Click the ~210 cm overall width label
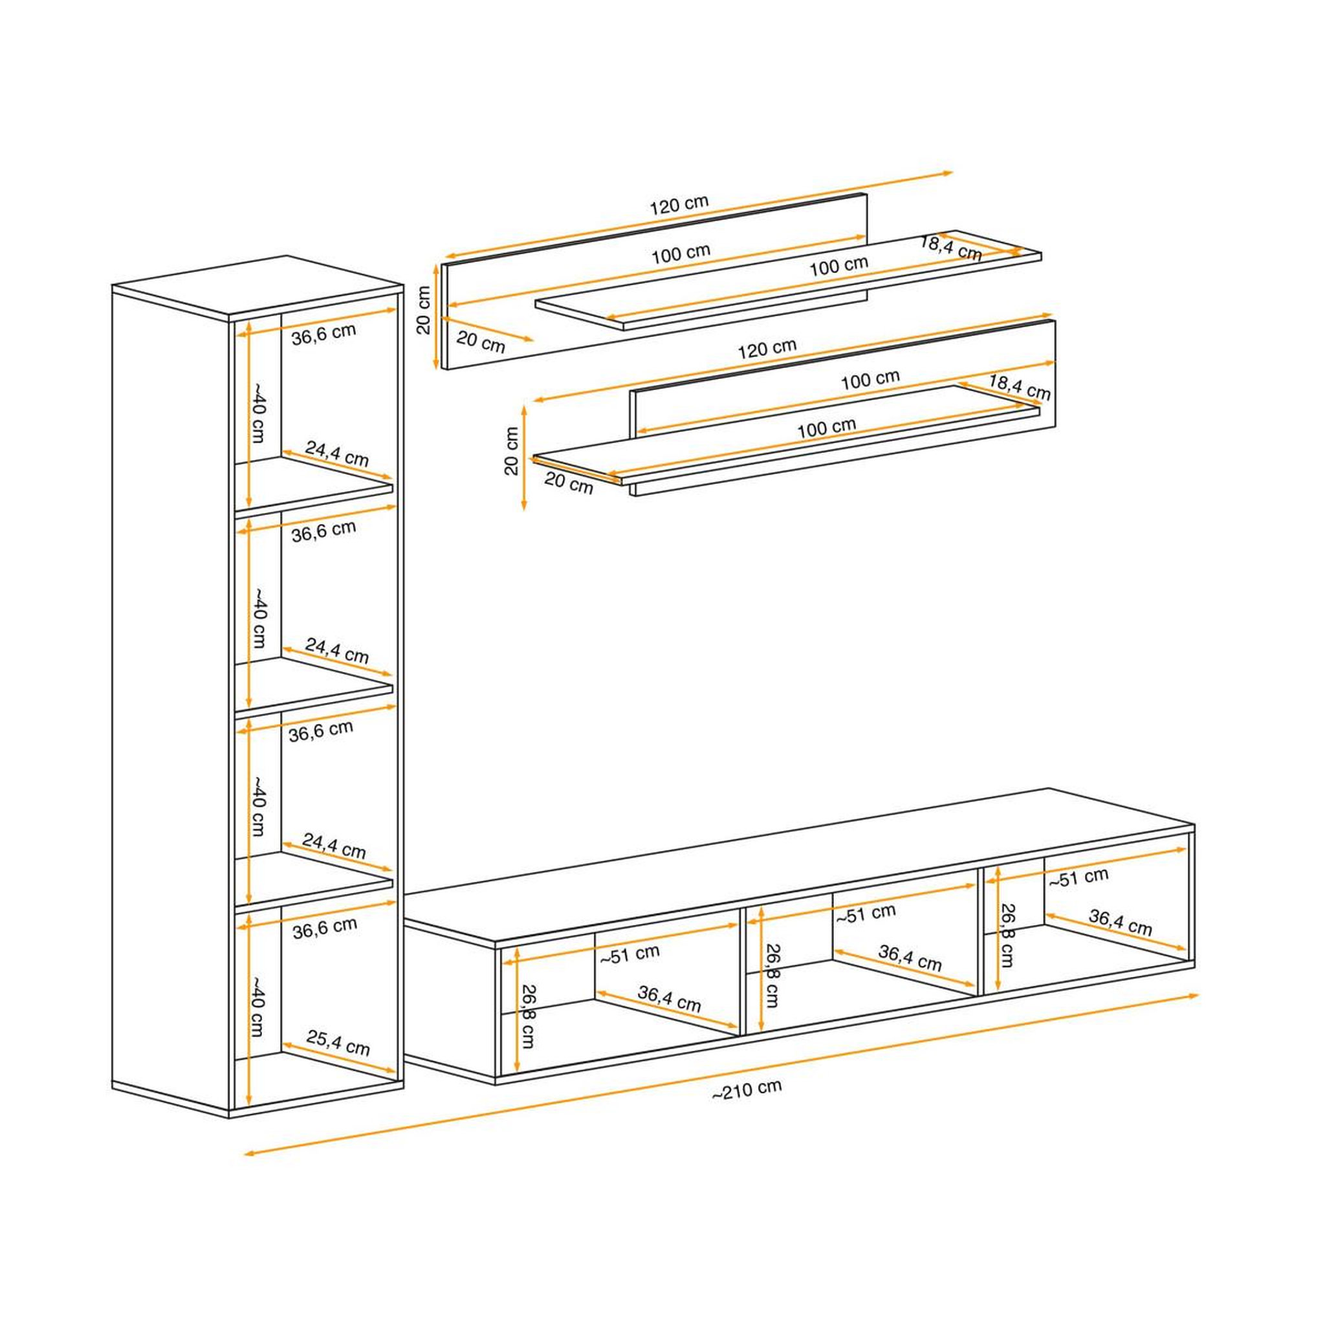pos(747,1090)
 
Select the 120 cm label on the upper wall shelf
pos(679,204)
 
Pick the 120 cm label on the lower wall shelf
pos(767,349)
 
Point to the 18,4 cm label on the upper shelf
pos(950,248)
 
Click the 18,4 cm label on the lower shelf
pos(1019,388)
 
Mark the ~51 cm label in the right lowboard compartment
pos(1078,878)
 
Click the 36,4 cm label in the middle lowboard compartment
pos(910,958)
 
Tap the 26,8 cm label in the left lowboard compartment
pos(528,1016)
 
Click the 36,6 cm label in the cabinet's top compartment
pos(323,333)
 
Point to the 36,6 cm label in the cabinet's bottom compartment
pos(325,928)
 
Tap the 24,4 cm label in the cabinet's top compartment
pos(336,454)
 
